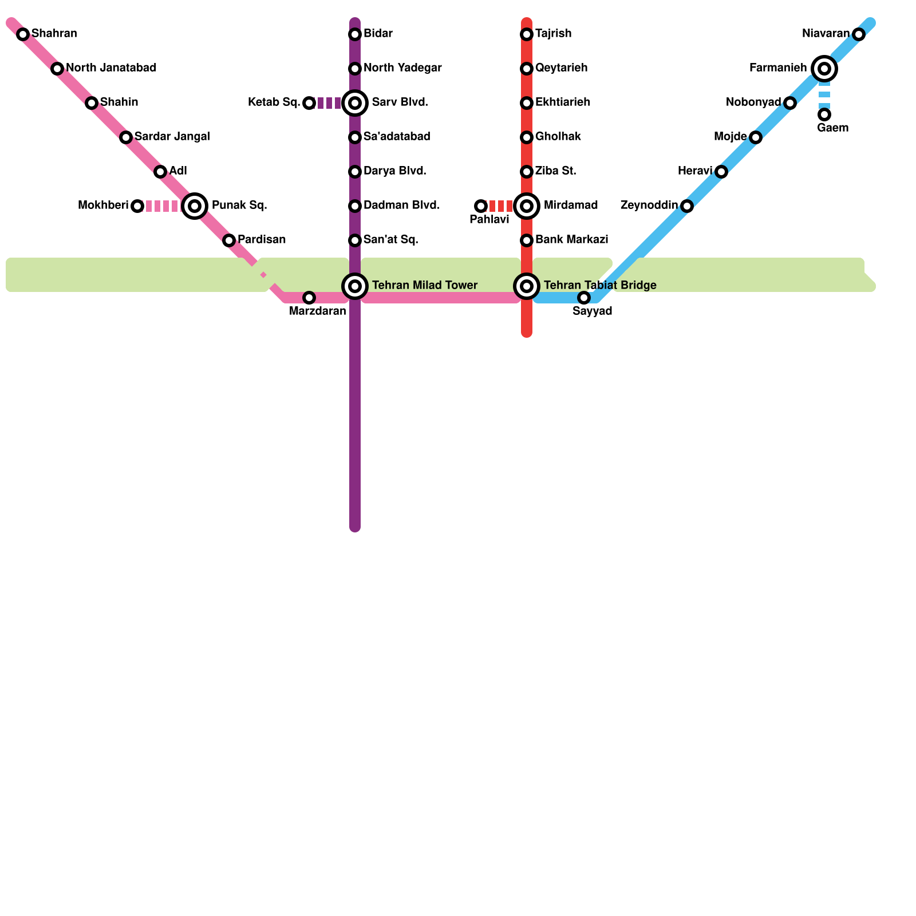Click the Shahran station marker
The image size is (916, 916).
[23, 34]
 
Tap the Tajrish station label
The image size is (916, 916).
[553, 34]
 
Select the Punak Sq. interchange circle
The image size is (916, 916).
[195, 206]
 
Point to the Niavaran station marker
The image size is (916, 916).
[858, 34]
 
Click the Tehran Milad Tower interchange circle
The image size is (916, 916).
[355, 286]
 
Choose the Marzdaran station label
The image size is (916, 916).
[317, 311]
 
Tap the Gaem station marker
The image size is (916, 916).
[824, 114]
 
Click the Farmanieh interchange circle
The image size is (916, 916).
[824, 69]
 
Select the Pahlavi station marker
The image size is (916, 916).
[481, 206]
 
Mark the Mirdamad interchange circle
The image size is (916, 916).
[527, 206]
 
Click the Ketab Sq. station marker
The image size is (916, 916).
[309, 103]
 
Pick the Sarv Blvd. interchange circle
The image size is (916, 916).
[355, 103]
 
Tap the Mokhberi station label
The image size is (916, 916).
[103, 206]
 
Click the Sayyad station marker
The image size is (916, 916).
[584, 298]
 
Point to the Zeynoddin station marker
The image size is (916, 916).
[687, 206]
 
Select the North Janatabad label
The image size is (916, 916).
[111, 68]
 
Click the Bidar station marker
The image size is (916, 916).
[355, 34]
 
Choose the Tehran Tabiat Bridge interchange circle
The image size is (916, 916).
[527, 286]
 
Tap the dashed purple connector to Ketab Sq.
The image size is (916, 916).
[330, 103]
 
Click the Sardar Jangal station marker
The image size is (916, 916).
[126, 137]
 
